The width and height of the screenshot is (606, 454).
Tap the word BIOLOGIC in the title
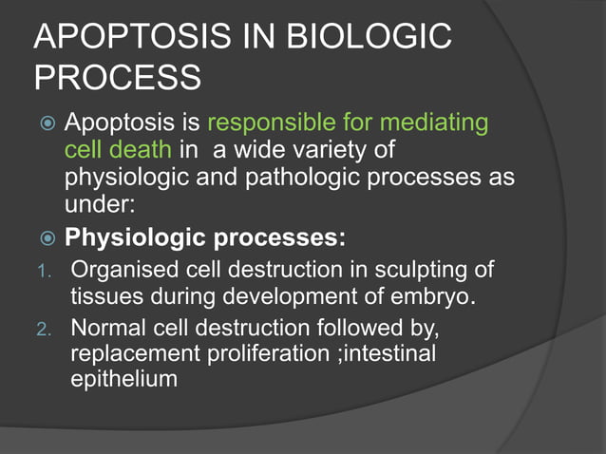[x=380, y=38]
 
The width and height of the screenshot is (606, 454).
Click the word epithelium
[x=124, y=380]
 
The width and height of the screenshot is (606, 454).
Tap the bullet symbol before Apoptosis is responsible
[x=44, y=124]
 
